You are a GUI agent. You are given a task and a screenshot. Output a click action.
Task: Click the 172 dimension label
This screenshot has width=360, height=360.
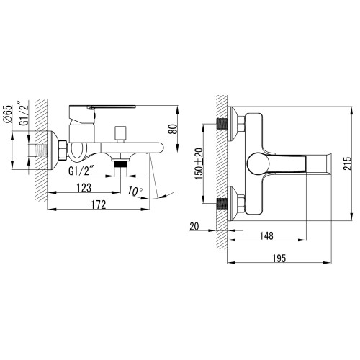99,204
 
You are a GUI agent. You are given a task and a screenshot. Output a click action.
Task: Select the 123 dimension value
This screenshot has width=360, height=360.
84,188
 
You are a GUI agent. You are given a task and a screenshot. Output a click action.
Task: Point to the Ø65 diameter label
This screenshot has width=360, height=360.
7,114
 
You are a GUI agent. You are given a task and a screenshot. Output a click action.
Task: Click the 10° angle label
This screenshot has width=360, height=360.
135,191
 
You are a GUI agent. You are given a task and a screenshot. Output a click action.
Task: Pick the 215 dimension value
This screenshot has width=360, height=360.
347,163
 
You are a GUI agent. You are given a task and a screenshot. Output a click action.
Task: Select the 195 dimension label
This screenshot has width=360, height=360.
279,258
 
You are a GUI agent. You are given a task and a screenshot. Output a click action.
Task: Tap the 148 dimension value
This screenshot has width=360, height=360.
266,235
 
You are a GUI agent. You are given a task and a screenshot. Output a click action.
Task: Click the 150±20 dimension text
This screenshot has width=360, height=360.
199,163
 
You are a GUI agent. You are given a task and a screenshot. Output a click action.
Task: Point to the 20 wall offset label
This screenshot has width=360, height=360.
194,226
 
